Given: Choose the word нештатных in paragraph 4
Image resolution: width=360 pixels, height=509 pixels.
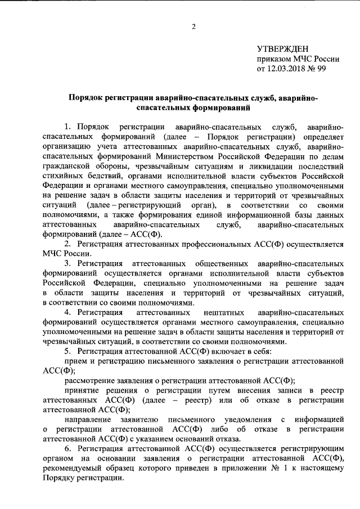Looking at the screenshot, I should coord(215,312).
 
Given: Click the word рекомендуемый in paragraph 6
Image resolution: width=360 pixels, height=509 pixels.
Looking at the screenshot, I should coord(69,469).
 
